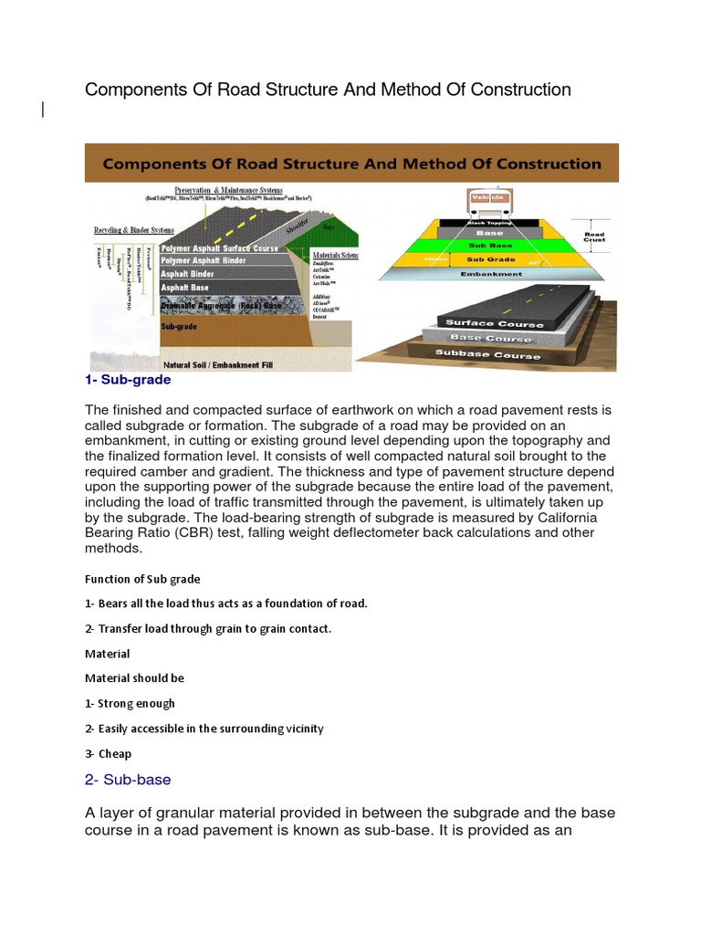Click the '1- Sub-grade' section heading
128,379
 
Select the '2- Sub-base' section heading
128,780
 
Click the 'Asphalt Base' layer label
185,287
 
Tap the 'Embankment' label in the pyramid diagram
491,273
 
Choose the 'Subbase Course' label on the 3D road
487,354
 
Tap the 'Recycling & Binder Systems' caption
136,230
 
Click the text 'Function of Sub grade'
142,579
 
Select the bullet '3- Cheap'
108,753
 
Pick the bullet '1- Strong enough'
130,703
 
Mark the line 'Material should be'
134,678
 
